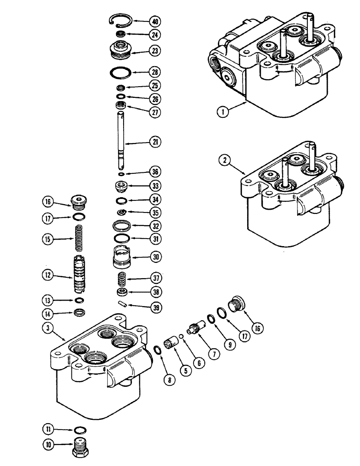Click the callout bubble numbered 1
(x=223, y=112)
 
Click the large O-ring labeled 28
(x=124, y=72)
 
